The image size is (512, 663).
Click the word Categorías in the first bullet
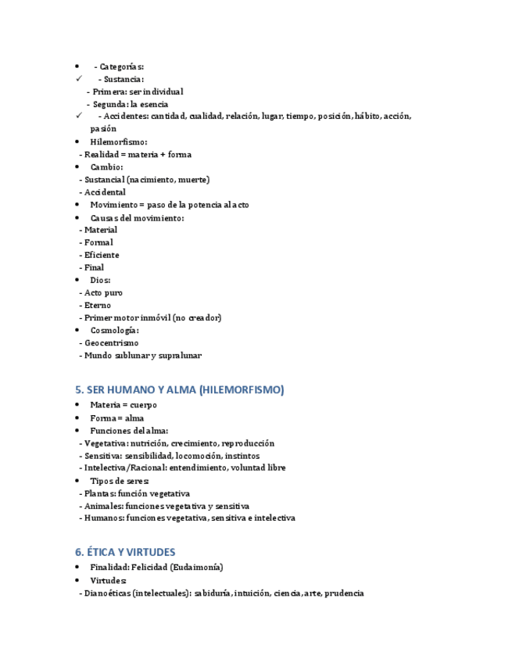click(x=122, y=66)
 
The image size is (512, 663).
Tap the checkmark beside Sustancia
click(x=79, y=79)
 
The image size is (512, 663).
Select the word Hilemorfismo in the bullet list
click(x=118, y=142)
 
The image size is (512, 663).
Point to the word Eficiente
click(x=102, y=255)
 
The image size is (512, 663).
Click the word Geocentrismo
click(x=111, y=342)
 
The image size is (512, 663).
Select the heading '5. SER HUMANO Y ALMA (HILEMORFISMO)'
click(x=180, y=389)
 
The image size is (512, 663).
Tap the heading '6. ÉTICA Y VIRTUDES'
click(x=125, y=552)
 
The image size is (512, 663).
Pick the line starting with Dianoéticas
click(x=221, y=593)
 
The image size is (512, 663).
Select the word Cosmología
click(x=113, y=330)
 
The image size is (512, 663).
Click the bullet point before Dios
click(x=77, y=280)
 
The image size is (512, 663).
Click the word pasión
click(x=103, y=128)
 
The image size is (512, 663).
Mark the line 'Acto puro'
click(x=103, y=292)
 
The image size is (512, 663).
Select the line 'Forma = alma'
click(x=117, y=418)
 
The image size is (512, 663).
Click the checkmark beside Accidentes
click(x=79, y=116)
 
